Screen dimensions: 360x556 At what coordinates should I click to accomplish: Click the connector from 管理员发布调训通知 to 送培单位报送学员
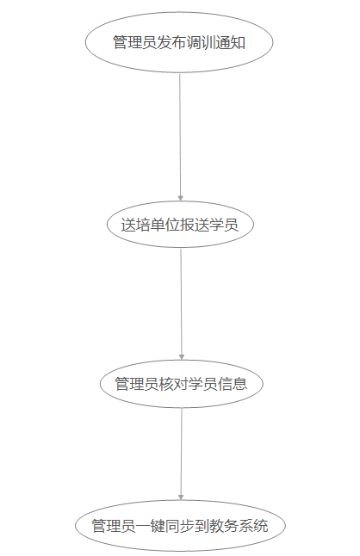[x=180, y=137]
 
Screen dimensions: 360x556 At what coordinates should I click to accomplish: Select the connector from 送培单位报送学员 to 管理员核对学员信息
[x=181, y=304]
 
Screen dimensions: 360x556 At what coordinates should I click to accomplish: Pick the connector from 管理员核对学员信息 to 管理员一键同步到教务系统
[x=181, y=454]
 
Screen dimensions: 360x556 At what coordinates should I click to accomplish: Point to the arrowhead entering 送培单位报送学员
[x=181, y=198]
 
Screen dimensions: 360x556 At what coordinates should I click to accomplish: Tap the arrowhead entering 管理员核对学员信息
[x=182, y=356]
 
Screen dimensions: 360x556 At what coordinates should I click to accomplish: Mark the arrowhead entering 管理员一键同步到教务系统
[x=181, y=497]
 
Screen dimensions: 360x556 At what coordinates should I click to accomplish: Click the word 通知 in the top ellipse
[x=231, y=42]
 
